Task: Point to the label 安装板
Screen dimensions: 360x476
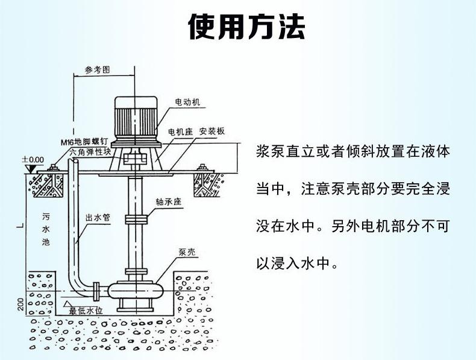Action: [212, 131]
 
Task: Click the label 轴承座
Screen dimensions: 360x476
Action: [168, 203]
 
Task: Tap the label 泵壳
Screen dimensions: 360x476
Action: [186, 253]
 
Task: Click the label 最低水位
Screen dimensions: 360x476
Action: [87, 311]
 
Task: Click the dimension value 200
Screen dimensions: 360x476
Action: [20, 305]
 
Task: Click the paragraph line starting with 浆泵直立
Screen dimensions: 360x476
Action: [352, 151]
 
